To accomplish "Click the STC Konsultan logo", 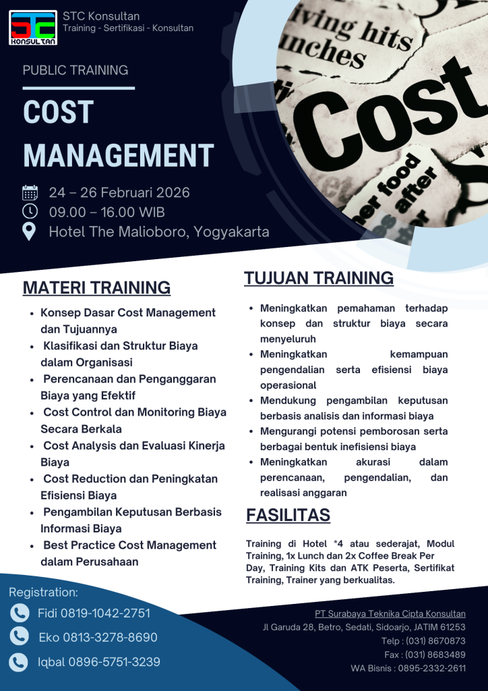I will pos(33,28).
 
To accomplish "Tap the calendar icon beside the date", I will pos(30,192).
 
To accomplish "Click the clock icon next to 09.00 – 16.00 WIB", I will pos(30,212).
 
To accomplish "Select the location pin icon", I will pos(30,232).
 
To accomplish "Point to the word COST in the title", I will pos(58,113).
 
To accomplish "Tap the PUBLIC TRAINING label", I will pos(75,70).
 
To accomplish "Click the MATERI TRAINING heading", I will pos(96,287).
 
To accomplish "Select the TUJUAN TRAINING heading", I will pos(319,278).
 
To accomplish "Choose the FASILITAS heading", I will pos(288,516).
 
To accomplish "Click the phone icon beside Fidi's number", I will pos(20,613).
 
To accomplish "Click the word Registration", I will pos(43,592).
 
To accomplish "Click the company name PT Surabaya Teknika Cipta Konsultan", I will pos(390,614).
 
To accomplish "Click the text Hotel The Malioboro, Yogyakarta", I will pos(158,232).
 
